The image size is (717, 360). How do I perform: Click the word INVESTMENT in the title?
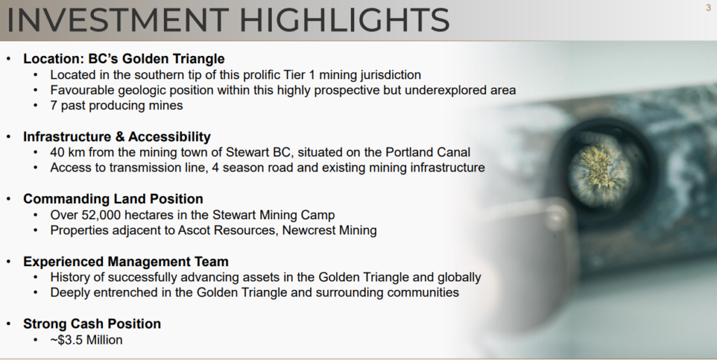pyautogui.click(x=118, y=20)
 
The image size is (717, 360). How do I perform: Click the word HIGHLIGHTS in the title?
pyautogui.click(x=344, y=20)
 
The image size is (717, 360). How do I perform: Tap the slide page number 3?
pyautogui.click(x=709, y=8)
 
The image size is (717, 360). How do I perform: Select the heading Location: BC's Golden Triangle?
pyautogui.click(x=124, y=59)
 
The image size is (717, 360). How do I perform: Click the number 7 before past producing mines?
pyautogui.click(x=53, y=105)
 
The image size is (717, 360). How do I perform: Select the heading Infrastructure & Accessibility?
pyautogui.click(x=117, y=137)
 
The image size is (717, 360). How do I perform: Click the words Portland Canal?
pyautogui.click(x=428, y=152)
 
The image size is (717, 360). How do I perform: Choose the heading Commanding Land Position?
pyautogui.click(x=113, y=199)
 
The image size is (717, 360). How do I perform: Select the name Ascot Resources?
pyautogui.click(x=227, y=230)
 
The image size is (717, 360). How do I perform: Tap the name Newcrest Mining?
pyautogui.click(x=329, y=230)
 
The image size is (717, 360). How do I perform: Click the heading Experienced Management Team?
pyautogui.click(x=126, y=262)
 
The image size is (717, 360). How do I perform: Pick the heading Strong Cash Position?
pyautogui.click(x=92, y=324)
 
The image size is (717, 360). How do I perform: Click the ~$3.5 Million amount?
pyautogui.click(x=86, y=340)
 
